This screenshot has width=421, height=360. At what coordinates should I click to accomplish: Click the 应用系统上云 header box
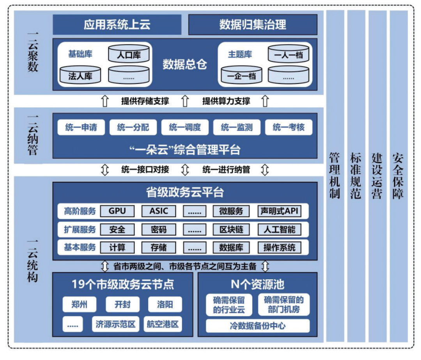(x=117, y=25)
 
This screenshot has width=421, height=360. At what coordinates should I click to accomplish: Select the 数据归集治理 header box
(x=253, y=25)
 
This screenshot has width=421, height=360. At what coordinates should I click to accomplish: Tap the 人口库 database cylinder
(x=129, y=55)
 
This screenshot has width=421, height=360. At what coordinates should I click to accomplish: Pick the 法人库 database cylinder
(x=80, y=75)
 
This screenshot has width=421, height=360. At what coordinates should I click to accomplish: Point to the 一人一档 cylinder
(x=288, y=55)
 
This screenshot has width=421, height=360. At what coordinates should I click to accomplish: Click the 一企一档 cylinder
(x=241, y=75)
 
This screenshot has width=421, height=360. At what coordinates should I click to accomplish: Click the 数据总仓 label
(x=184, y=65)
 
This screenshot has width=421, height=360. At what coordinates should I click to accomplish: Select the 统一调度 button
(x=185, y=127)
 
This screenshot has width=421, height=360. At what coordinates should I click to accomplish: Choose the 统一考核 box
(x=288, y=127)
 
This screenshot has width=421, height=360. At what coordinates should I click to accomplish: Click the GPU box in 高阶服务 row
(x=117, y=211)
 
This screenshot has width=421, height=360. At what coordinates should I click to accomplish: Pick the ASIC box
(x=159, y=211)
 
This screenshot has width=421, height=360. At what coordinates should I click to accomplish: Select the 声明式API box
(x=279, y=211)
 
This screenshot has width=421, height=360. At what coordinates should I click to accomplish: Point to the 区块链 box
(x=231, y=229)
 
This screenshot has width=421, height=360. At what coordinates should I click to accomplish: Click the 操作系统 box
(x=279, y=247)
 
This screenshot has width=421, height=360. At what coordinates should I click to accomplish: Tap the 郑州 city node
(x=80, y=304)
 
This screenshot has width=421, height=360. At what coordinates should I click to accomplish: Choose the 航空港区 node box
(x=163, y=324)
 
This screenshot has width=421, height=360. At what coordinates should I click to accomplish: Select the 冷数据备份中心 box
(x=258, y=326)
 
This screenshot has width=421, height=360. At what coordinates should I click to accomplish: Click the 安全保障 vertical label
(x=398, y=176)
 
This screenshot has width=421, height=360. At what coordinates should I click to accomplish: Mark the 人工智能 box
(x=279, y=229)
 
